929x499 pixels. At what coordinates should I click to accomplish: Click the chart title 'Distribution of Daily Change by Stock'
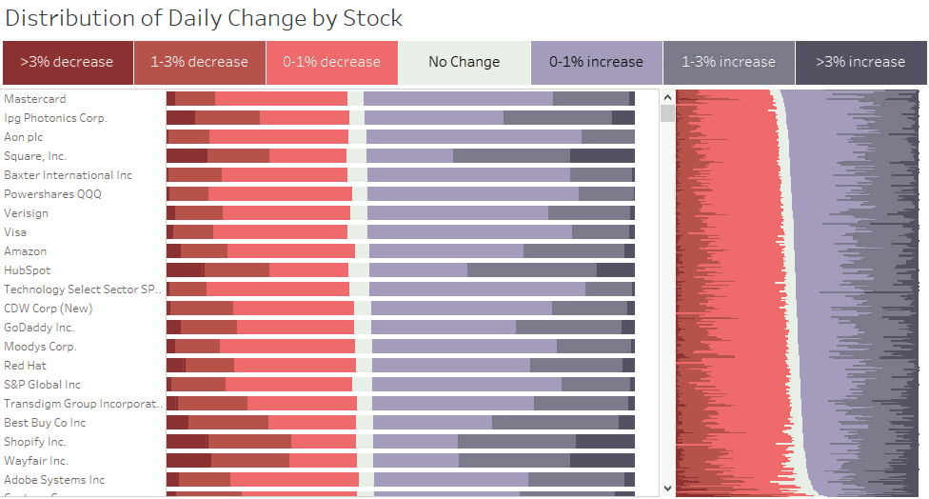tap(204, 18)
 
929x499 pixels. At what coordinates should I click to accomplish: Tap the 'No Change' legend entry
tap(464, 62)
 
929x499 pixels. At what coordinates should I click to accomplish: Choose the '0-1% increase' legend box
tap(597, 62)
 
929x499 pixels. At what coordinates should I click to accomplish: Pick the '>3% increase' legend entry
tap(860, 62)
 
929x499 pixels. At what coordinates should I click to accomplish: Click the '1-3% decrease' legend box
tap(200, 62)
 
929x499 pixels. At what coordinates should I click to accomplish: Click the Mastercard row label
tap(35, 99)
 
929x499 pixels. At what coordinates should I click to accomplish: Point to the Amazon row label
tap(26, 251)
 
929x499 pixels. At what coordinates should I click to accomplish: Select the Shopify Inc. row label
tap(35, 442)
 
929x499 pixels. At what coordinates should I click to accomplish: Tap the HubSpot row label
tap(28, 270)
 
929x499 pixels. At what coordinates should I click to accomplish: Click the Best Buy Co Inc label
tap(45, 423)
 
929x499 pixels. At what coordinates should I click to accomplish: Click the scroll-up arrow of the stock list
tap(668, 97)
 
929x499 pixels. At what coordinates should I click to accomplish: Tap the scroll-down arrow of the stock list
tap(668, 489)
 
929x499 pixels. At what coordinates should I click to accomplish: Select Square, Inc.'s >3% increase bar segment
tap(602, 156)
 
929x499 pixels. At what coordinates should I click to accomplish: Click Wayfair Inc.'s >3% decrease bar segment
tap(189, 461)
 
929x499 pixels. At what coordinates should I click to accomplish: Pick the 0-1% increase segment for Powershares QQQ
tap(473, 194)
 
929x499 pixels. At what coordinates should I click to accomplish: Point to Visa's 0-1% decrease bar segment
tap(280, 232)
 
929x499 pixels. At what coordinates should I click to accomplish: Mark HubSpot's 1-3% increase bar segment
tap(532, 270)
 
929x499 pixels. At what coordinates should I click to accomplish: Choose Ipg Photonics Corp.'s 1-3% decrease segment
tap(227, 118)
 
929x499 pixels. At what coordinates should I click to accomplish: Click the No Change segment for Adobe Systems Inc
tap(366, 479)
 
